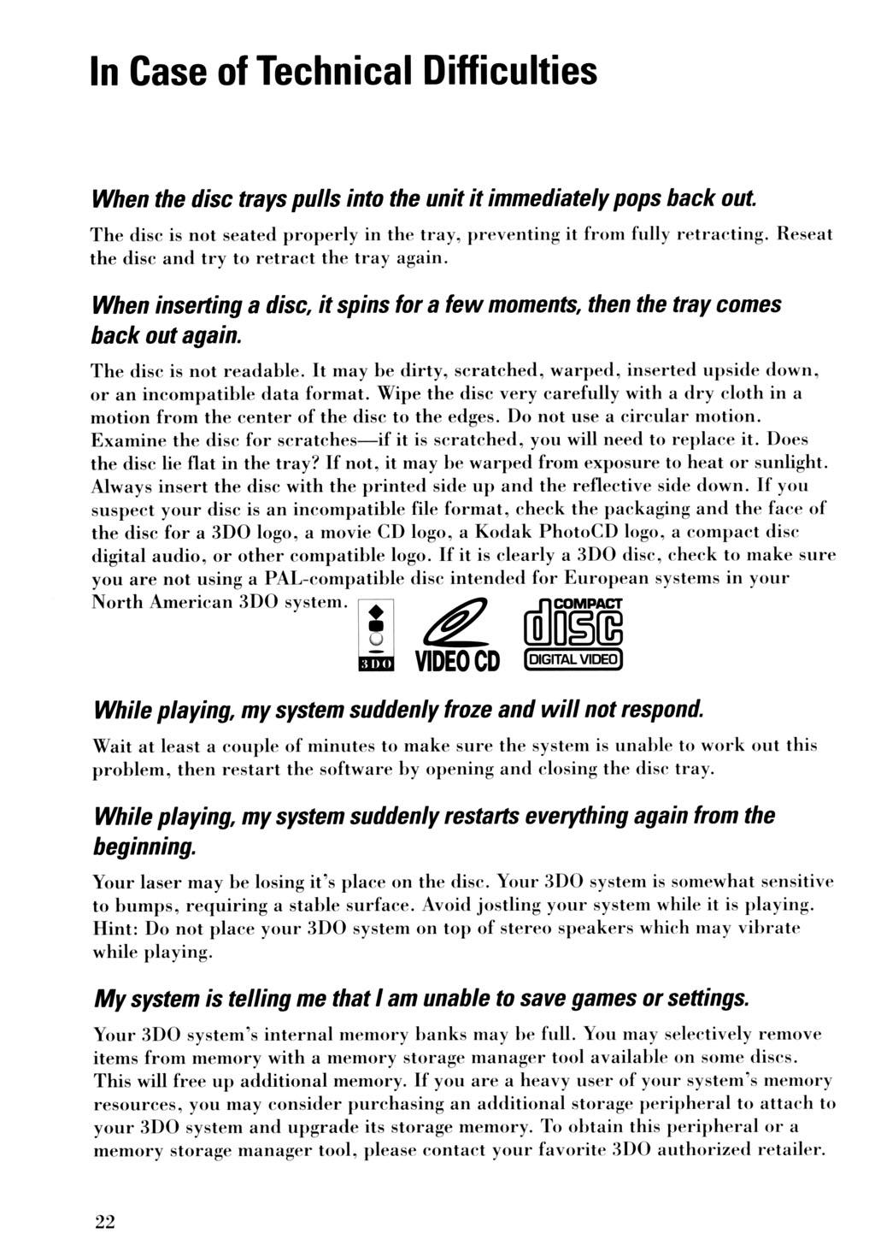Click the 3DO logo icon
click(372, 638)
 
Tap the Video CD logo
click(455, 638)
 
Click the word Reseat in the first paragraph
click(804, 233)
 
